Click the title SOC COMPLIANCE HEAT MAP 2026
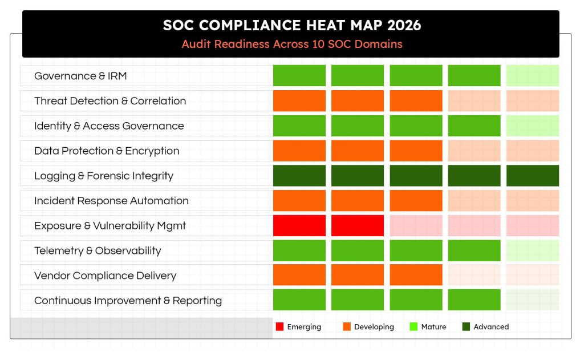pyautogui.click(x=291, y=25)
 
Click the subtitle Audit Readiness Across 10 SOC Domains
pyautogui.click(x=291, y=44)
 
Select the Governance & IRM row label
pyautogui.click(x=80, y=76)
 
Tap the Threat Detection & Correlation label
pyautogui.click(x=110, y=101)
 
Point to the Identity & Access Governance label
pyautogui.click(x=109, y=126)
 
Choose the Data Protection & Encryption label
pyautogui.click(x=107, y=151)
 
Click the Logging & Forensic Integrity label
pyautogui.click(x=104, y=176)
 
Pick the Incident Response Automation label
pyautogui.click(x=111, y=201)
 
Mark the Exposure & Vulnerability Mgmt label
pyautogui.click(x=110, y=226)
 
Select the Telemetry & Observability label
pyautogui.click(x=98, y=250)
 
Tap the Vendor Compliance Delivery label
pyautogui.click(x=105, y=276)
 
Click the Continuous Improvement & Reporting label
pyautogui.click(x=128, y=301)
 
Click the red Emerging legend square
pyautogui.click(x=279, y=327)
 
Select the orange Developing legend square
pyautogui.click(x=346, y=327)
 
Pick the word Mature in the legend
pyautogui.click(x=433, y=327)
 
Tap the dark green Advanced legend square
pyautogui.click(x=466, y=327)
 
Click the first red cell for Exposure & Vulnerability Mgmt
pyautogui.click(x=299, y=226)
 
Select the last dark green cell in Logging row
pyautogui.click(x=532, y=176)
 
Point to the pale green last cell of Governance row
pyautogui.click(x=532, y=76)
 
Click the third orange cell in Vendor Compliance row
pyautogui.click(x=416, y=276)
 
